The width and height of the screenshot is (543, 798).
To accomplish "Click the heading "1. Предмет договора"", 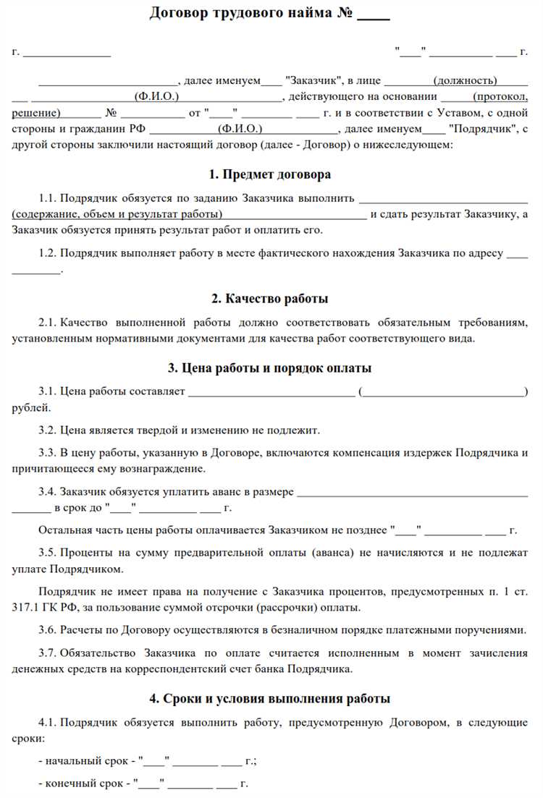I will pyautogui.click(x=269, y=174).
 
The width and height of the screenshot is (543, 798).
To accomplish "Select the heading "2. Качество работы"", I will pyautogui.click(x=269, y=298).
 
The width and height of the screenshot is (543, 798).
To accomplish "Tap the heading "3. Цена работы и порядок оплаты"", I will pyautogui.click(x=269, y=368).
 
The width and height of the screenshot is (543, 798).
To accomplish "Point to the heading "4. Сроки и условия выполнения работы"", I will pyautogui.click(x=269, y=698).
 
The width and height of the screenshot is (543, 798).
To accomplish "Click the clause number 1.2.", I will pyautogui.click(x=47, y=252).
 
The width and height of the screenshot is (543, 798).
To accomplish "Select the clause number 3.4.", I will pyautogui.click(x=47, y=491).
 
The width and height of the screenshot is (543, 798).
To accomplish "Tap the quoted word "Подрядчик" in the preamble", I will pyautogui.click(x=479, y=130).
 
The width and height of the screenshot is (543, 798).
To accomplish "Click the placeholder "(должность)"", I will pyautogui.click(x=465, y=80).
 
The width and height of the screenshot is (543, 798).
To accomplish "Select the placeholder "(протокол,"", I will pyautogui.click(x=500, y=97).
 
